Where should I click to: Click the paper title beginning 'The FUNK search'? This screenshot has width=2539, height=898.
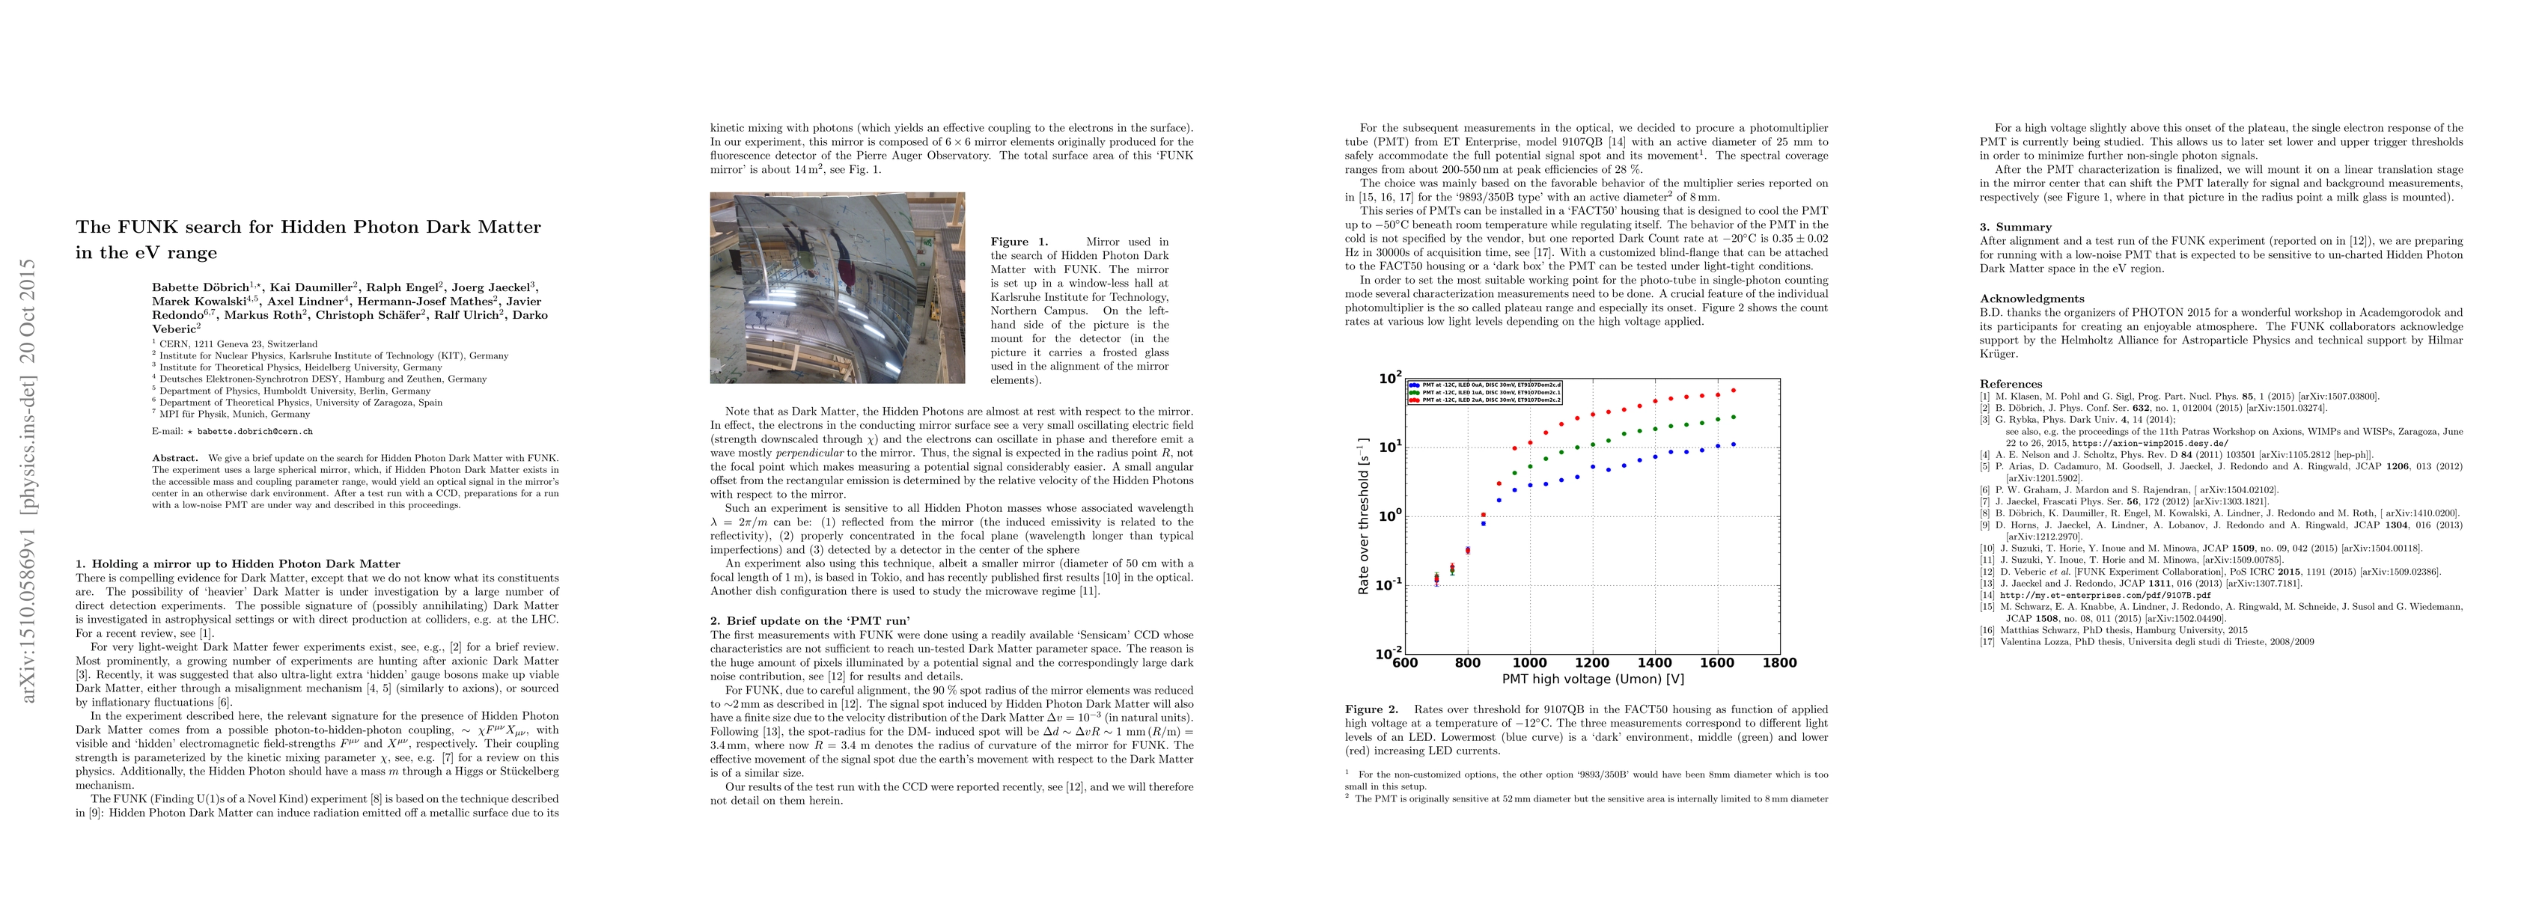pos(308,239)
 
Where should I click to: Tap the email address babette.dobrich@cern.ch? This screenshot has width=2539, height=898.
pos(255,432)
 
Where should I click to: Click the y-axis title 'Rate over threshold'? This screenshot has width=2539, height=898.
pos(1364,516)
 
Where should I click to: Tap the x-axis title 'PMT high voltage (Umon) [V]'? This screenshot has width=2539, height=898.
pos(1593,679)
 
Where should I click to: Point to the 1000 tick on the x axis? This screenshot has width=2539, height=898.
pos(1530,662)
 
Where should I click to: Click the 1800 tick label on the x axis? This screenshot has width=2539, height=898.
pos(1779,662)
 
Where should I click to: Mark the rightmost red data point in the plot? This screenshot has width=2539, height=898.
pos(1733,391)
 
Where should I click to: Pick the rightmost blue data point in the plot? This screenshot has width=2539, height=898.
pos(1733,445)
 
